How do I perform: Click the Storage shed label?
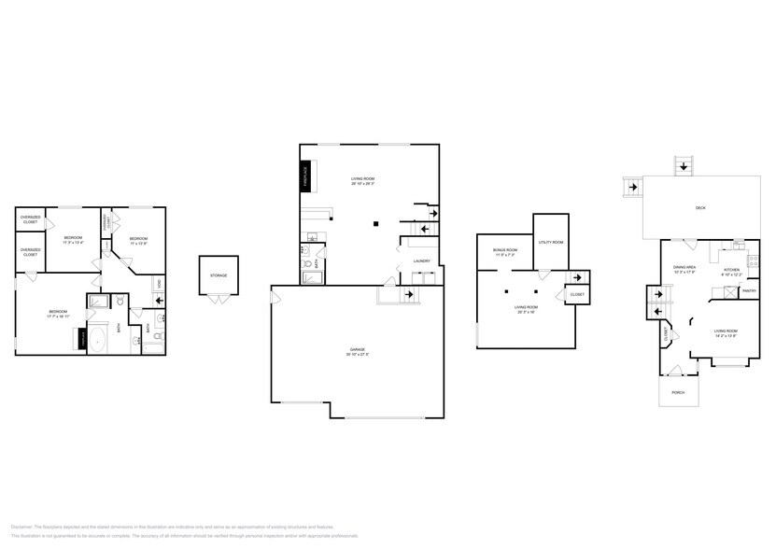click(219, 275)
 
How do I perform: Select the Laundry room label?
click(421, 260)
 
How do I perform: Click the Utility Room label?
click(551, 242)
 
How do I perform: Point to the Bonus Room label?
click(504, 250)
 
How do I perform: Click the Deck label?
click(700, 207)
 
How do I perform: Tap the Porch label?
click(678, 392)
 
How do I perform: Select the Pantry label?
click(748, 290)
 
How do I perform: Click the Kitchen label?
click(732, 270)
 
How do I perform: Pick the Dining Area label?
click(684, 268)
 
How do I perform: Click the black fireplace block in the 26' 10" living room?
click(304, 176)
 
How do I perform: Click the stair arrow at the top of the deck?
click(684, 166)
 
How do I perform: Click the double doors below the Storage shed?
click(219, 299)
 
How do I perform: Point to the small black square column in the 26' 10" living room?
click(375, 223)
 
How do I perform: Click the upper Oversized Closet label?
click(31, 220)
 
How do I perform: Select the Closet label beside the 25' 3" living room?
click(577, 295)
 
